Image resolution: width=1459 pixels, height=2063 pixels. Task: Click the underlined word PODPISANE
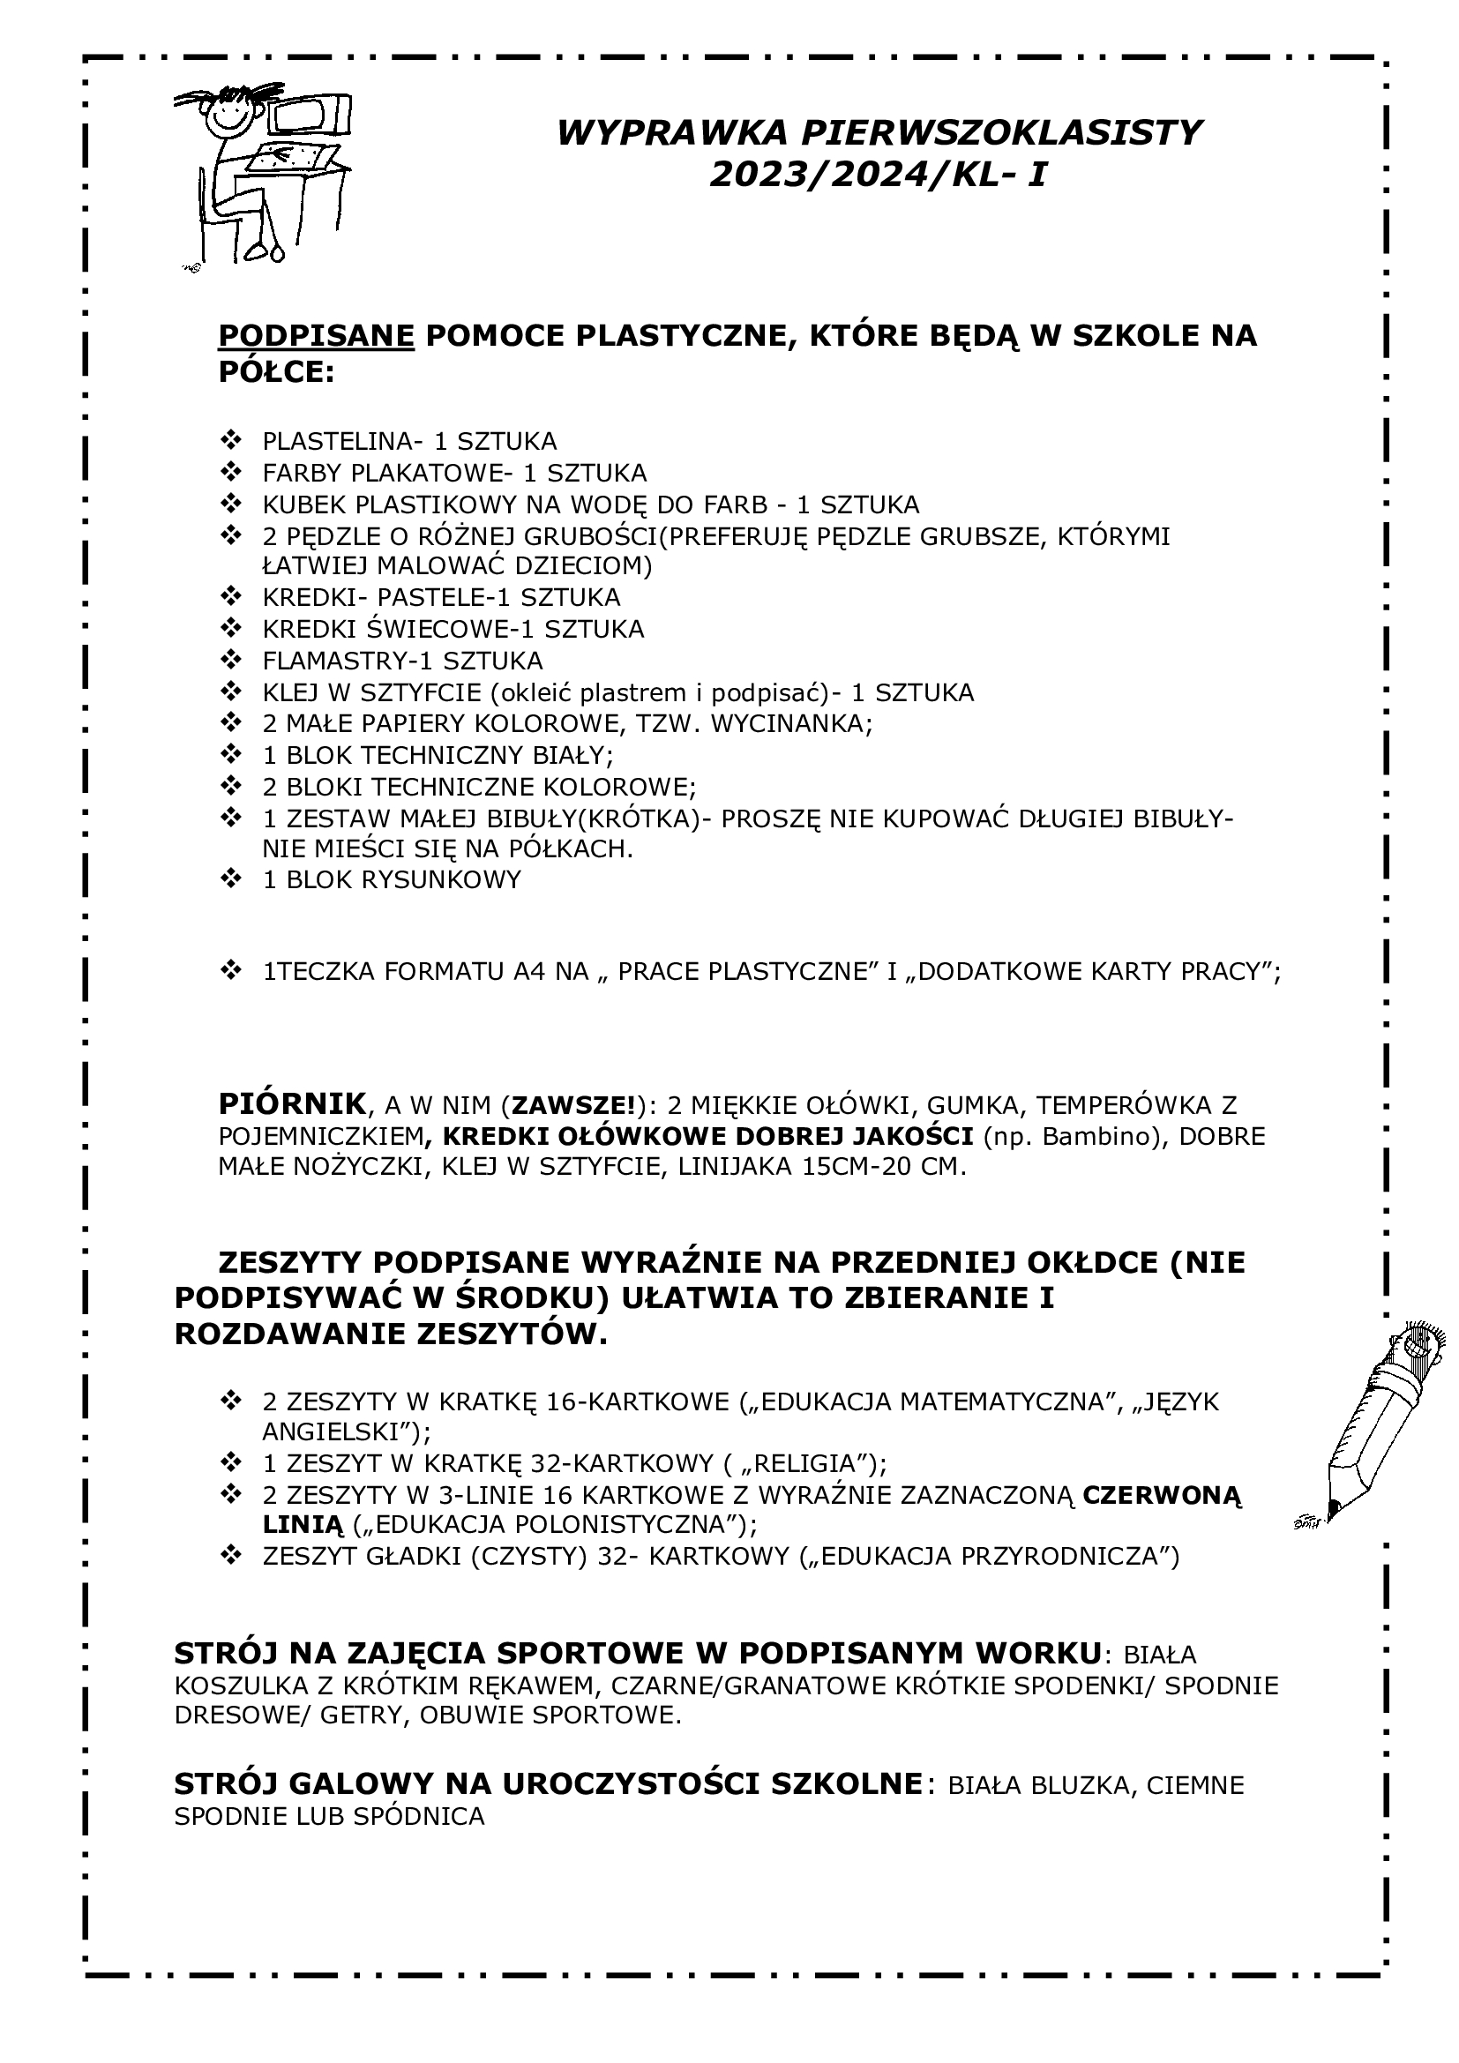coord(317,335)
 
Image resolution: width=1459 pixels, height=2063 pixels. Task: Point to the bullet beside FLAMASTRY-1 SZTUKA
coord(231,660)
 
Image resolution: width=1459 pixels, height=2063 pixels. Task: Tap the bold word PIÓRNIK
coord(292,1104)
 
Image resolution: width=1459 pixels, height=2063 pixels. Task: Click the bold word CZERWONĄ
coord(1163,1495)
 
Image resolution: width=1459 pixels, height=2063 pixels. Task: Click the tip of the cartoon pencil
coord(1332,1506)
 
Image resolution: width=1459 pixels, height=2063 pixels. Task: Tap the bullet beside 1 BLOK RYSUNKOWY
coord(231,878)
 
